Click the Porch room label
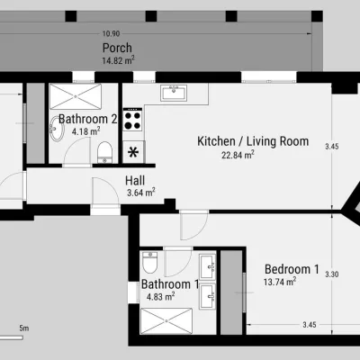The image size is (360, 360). pyautogui.click(x=117, y=49)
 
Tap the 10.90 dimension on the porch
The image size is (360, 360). pyautogui.click(x=111, y=33)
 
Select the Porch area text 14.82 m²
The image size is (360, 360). pyautogui.click(x=118, y=60)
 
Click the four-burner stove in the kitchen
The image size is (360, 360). pyautogui.click(x=132, y=120)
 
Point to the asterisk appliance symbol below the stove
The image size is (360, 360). pyautogui.click(x=132, y=152)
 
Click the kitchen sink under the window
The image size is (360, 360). pyautogui.click(x=174, y=93)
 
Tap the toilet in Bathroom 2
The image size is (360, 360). pyautogui.click(x=104, y=153)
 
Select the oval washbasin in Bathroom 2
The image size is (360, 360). pyautogui.click(x=57, y=129)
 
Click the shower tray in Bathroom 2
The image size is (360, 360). pyautogui.click(x=76, y=96)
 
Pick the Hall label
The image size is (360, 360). pyautogui.click(x=135, y=181)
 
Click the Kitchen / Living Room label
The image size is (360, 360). pyautogui.click(x=253, y=141)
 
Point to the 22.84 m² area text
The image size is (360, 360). pyautogui.click(x=238, y=155)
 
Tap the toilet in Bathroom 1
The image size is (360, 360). pyautogui.click(x=149, y=262)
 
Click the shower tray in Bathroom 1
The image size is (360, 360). pyautogui.click(x=166, y=321)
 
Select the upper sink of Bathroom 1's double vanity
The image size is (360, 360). pyautogui.click(x=208, y=266)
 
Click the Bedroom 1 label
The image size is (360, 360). pyautogui.click(x=292, y=269)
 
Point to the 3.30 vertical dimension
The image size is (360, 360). pyautogui.click(x=332, y=274)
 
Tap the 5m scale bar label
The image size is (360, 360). pyautogui.click(x=24, y=328)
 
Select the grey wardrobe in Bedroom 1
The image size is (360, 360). pyautogui.click(x=231, y=292)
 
